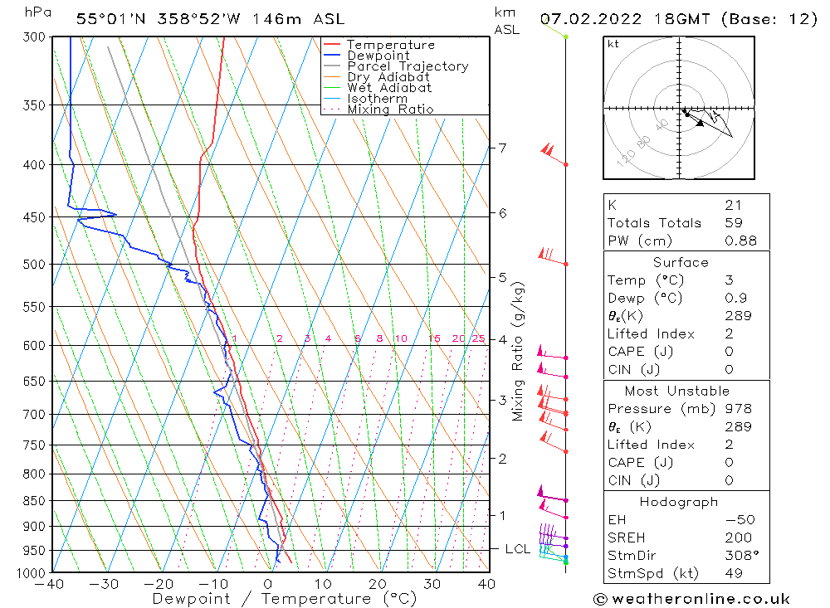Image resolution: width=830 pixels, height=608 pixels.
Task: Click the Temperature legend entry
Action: coord(390,45)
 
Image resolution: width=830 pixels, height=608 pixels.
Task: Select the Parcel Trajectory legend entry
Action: coord(408,66)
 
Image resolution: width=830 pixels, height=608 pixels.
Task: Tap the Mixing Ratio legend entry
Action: coord(390,109)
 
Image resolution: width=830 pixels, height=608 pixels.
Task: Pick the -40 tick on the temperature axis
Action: coord(51,584)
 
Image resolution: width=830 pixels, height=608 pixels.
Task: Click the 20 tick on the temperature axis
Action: coord(378,584)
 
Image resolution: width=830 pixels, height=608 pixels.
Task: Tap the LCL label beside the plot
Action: coord(518,549)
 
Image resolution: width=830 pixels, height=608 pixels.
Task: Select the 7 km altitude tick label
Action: coord(503,148)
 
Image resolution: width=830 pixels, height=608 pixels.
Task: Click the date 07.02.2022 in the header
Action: coord(587,18)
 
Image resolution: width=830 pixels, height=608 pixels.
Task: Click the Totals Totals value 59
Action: coord(734,223)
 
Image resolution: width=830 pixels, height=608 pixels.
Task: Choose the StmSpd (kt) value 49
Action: coord(734,573)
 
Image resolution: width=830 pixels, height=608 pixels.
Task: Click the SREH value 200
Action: coord(737,537)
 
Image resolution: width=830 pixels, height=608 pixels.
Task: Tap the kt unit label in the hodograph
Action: coord(613,44)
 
